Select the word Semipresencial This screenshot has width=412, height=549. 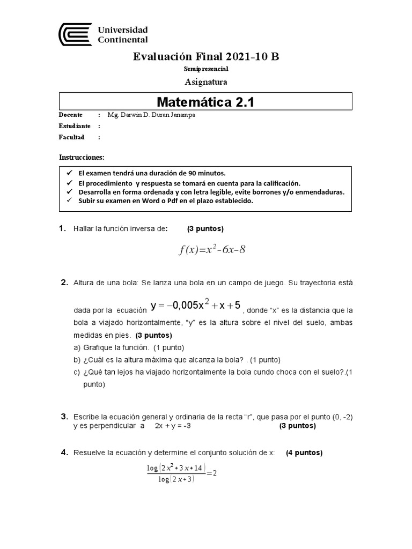(x=206, y=69)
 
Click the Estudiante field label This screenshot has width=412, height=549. (x=75, y=126)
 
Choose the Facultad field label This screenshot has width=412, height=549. (x=72, y=137)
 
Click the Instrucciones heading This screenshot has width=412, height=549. (x=82, y=157)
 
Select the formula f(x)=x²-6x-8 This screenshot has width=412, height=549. (x=212, y=249)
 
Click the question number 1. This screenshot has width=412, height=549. (x=62, y=229)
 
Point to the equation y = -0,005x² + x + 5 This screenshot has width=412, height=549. (x=196, y=306)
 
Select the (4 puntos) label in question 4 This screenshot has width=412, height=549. (x=304, y=452)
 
